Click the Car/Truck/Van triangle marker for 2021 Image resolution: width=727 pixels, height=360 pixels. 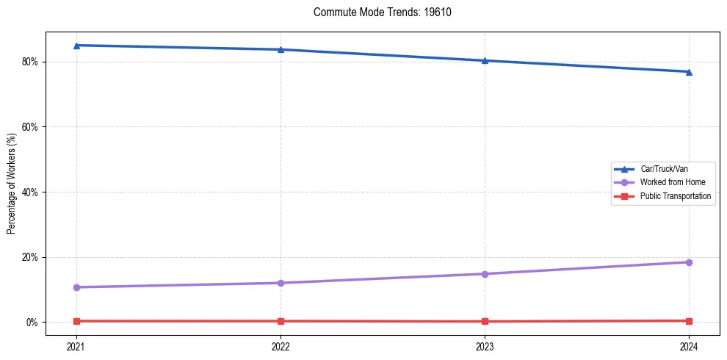click(76, 46)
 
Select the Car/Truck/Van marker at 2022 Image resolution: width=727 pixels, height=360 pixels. click(281, 49)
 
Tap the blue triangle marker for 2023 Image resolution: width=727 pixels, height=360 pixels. click(485, 60)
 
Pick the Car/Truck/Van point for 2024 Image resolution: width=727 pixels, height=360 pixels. click(689, 71)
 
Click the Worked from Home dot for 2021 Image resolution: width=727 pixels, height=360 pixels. click(76, 287)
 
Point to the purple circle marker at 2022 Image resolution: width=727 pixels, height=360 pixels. click(281, 283)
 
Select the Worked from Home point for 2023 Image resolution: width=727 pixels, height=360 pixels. click(485, 274)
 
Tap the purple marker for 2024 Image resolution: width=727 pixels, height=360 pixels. click(689, 262)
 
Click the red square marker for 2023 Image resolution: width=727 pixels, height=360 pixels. click(485, 321)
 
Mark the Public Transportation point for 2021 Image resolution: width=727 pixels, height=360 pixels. click(76, 321)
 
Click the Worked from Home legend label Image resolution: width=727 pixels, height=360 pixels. click(668, 182)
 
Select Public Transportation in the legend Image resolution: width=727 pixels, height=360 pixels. click(675, 196)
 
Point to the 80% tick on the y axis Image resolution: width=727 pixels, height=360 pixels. click(29, 62)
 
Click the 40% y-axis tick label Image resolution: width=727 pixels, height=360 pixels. click(29, 192)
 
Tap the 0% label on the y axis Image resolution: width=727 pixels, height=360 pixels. click(32, 323)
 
